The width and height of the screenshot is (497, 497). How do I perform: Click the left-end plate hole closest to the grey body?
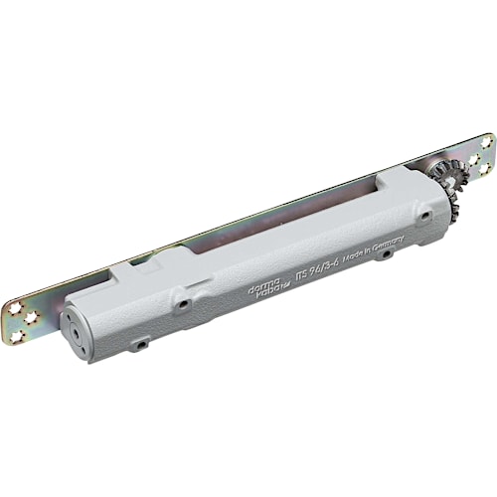36,317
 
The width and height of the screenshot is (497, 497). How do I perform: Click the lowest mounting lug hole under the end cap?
142,343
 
